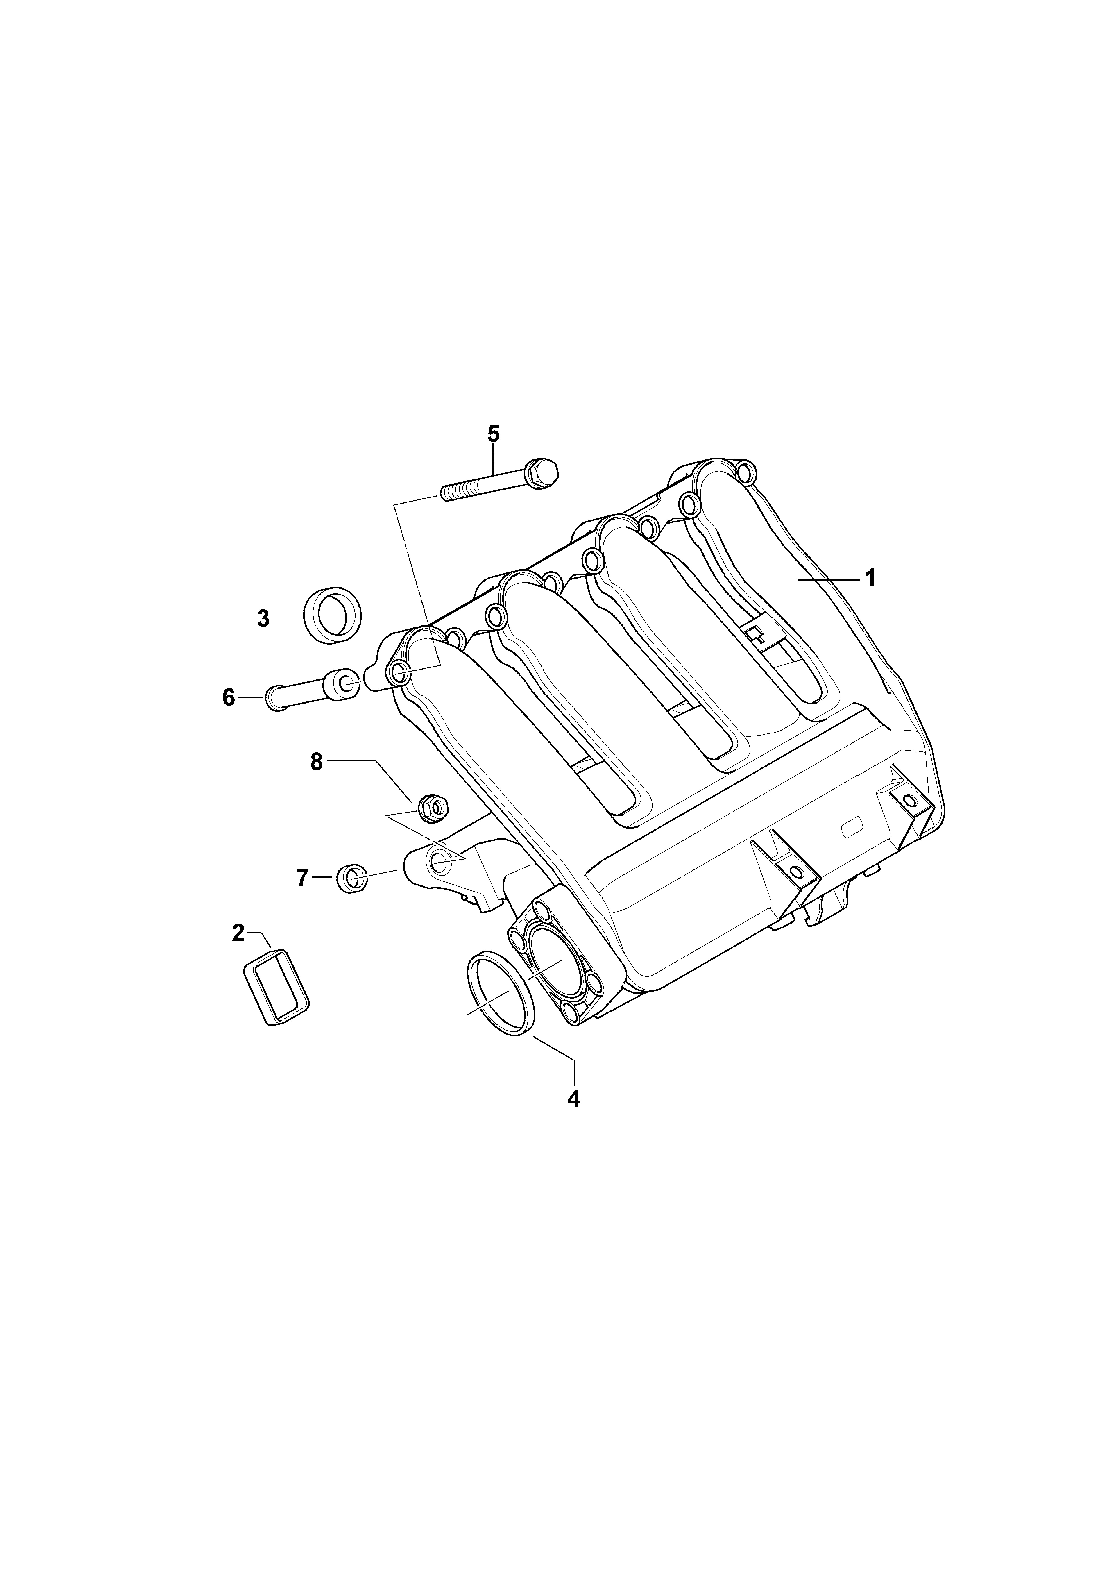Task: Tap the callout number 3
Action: (263, 619)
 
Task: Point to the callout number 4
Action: (573, 1099)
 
